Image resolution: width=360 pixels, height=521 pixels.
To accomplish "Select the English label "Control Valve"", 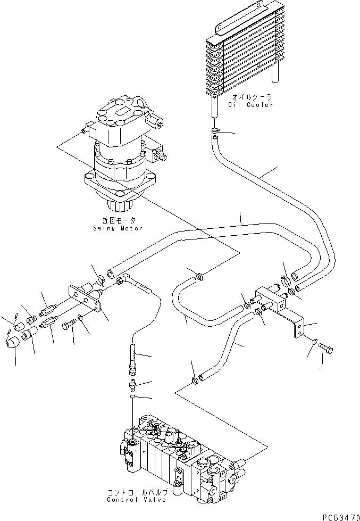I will click(136, 499).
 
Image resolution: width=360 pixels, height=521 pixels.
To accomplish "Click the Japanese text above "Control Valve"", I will click(136, 492).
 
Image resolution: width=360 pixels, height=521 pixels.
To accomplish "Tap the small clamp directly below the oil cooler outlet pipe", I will click(214, 130).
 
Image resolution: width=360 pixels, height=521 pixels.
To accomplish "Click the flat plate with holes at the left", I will click(85, 301).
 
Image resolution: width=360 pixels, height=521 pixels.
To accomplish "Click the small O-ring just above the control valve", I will click(132, 396).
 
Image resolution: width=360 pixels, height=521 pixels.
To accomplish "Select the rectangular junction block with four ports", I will click(271, 300).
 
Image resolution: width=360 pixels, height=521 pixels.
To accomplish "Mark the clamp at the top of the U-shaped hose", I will click(198, 275).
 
